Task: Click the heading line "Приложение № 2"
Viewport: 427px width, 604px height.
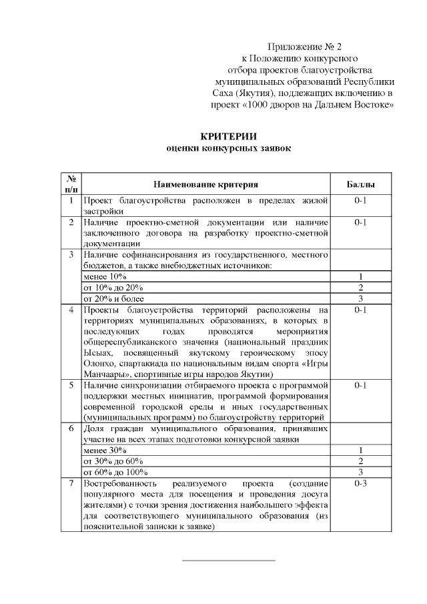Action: coord(304,47)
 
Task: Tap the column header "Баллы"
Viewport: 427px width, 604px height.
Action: coord(360,184)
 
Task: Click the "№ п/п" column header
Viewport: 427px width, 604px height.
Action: coord(71,184)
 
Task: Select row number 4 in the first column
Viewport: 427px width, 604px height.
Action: coord(71,310)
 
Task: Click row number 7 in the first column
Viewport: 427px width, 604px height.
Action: coord(71,482)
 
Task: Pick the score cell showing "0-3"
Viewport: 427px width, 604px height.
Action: coord(360,482)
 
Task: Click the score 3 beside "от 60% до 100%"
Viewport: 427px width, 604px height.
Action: coord(360,472)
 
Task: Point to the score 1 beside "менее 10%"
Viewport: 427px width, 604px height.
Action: coord(360,276)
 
